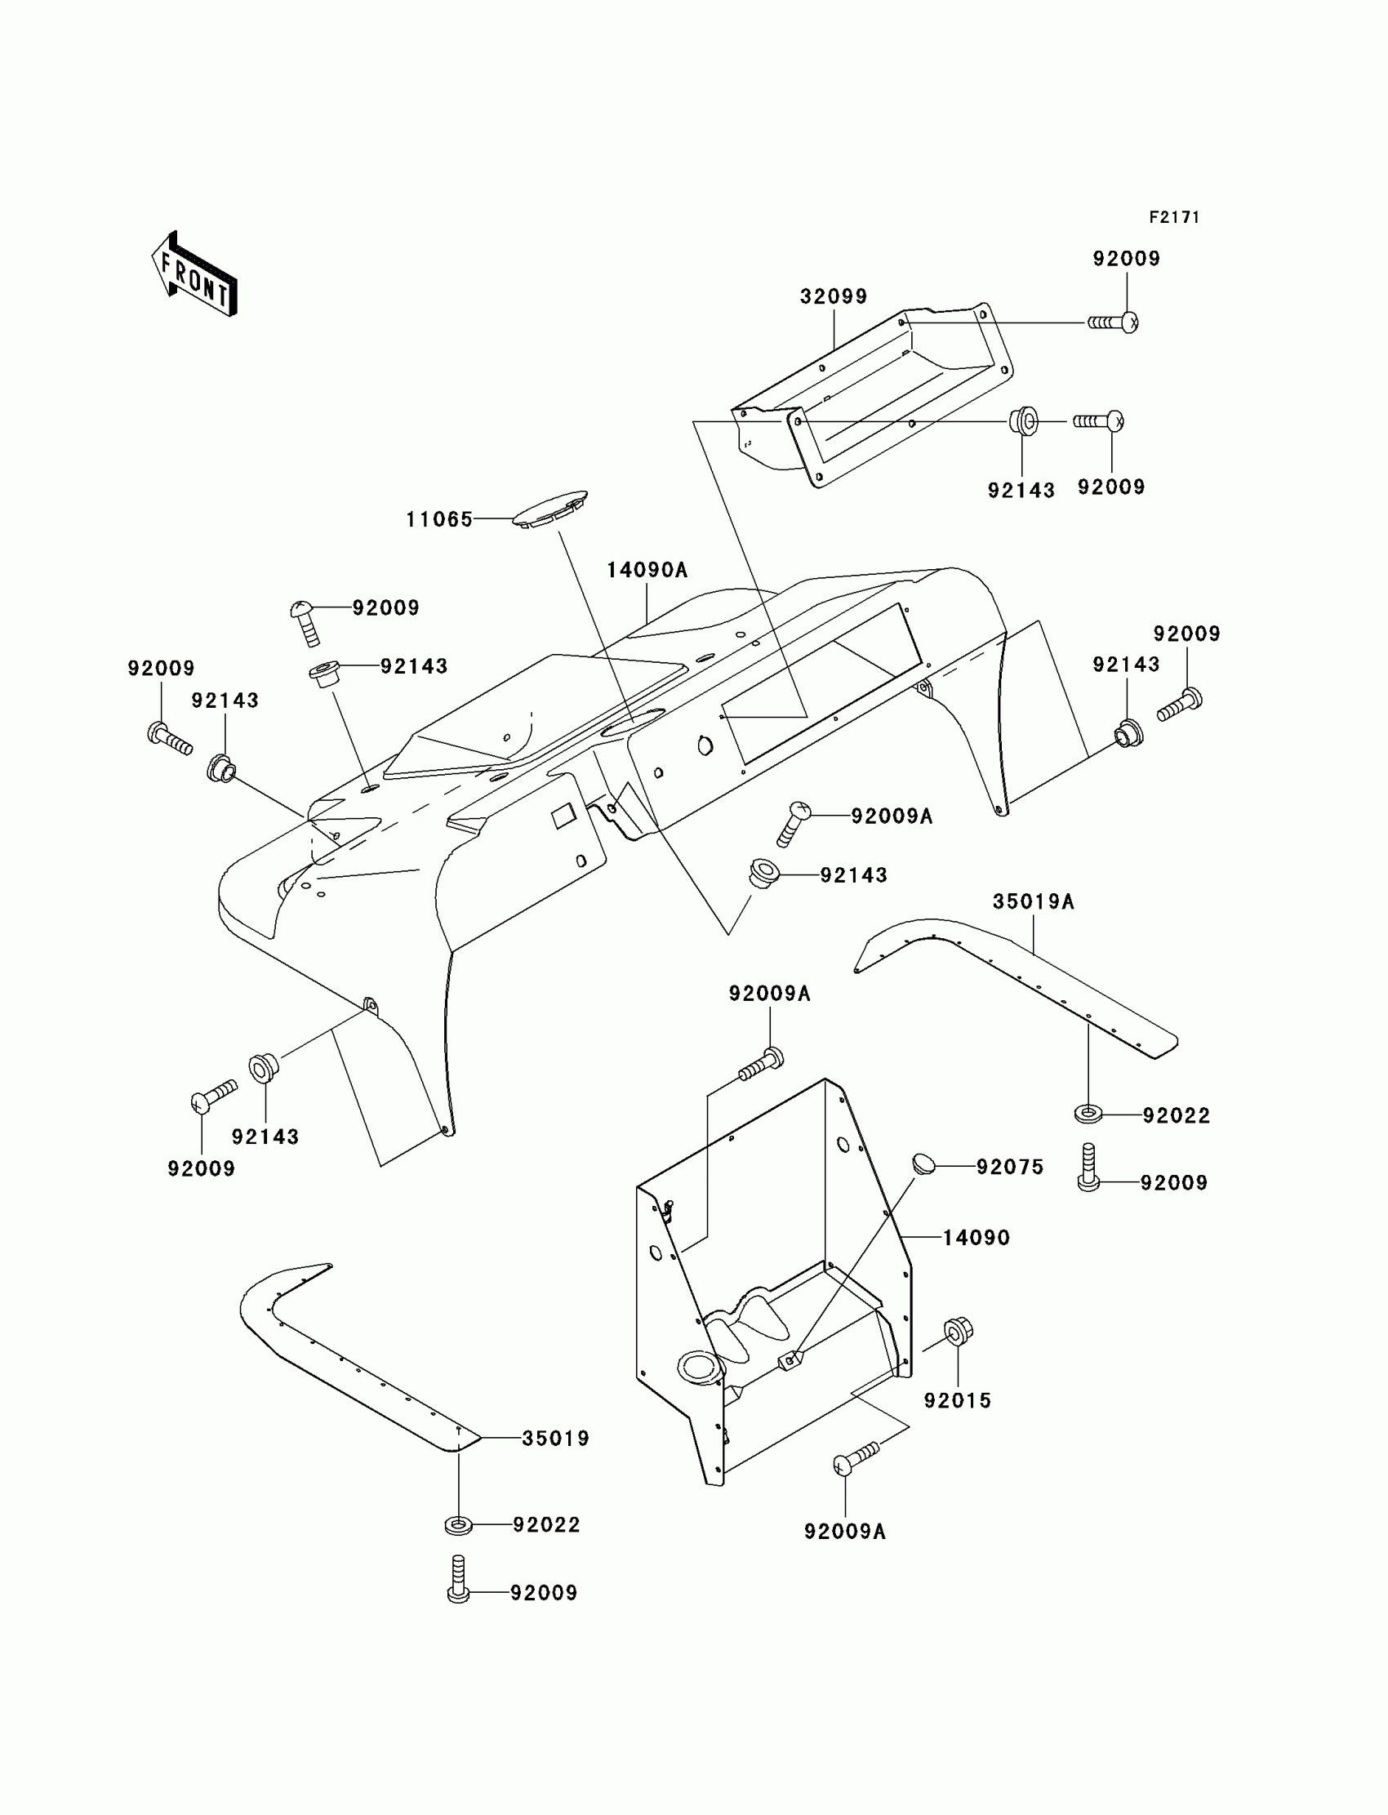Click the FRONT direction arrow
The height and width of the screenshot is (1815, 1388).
point(195,275)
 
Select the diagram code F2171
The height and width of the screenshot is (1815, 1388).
point(1173,217)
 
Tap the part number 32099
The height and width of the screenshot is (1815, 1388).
point(833,296)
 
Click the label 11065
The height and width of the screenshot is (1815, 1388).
point(438,519)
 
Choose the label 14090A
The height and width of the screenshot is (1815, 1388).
point(647,570)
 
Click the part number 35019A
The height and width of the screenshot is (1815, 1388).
point(1033,901)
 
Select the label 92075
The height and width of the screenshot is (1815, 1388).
point(1010,1167)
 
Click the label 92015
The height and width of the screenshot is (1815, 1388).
point(958,1400)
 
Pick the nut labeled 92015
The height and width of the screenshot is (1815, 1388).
point(959,1331)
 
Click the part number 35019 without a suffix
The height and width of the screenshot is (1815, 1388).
point(555,1439)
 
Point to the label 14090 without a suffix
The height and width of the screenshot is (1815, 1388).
point(976,1238)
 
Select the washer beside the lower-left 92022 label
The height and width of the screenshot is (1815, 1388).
point(458,1525)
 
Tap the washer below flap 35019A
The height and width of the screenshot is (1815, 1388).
point(1088,1114)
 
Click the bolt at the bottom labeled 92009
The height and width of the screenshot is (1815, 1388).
point(459,1580)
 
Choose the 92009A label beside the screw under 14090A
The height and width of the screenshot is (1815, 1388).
point(892,816)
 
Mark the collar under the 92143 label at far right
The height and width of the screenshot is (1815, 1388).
point(1128,732)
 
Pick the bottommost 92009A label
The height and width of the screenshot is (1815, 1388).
point(844,1532)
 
